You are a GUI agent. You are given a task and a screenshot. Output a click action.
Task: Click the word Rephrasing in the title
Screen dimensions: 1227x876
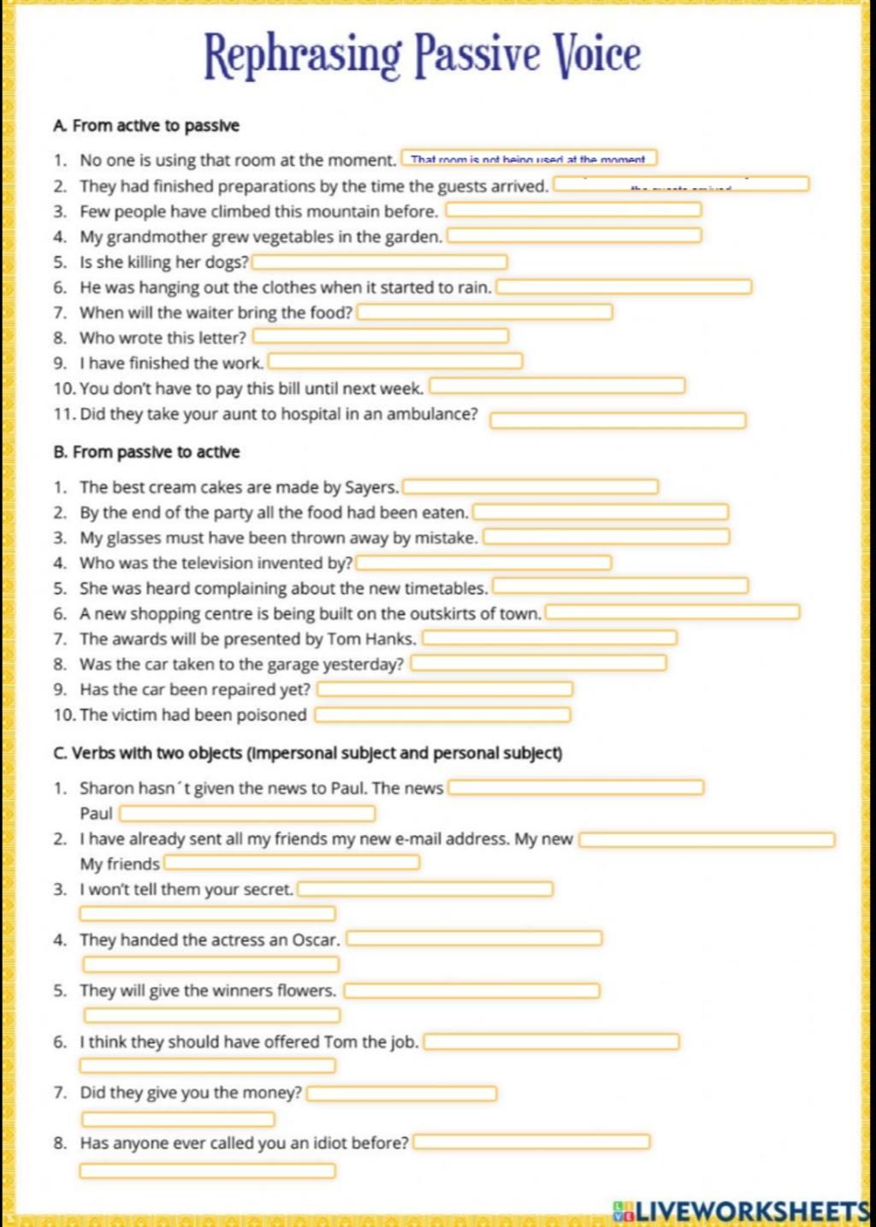(x=302, y=56)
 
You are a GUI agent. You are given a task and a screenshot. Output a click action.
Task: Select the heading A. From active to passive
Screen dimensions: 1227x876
(x=146, y=126)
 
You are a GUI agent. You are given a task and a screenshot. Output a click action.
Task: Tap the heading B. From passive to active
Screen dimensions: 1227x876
(x=146, y=452)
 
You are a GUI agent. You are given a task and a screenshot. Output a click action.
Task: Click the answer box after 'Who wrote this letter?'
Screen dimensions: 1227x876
(x=381, y=336)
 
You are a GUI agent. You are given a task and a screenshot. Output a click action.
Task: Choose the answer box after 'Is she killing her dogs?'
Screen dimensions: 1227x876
(x=379, y=262)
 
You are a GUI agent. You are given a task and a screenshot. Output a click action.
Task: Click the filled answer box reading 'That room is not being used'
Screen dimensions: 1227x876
(x=528, y=158)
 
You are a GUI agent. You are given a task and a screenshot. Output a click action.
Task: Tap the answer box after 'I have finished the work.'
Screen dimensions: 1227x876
(x=395, y=362)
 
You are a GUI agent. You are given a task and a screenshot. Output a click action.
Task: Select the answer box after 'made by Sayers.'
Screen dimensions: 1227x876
(x=530, y=487)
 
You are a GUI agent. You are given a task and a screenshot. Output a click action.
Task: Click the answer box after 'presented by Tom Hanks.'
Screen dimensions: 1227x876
(x=549, y=638)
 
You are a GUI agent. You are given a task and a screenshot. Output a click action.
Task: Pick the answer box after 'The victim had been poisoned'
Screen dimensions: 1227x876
(x=442, y=714)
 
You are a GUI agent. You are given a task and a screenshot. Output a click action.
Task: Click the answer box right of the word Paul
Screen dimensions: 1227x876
(x=246, y=813)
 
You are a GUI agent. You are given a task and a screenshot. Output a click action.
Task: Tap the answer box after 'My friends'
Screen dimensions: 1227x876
(x=291, y=862)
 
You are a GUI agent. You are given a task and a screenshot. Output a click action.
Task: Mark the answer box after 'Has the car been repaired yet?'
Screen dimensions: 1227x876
(x=444, y=689)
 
